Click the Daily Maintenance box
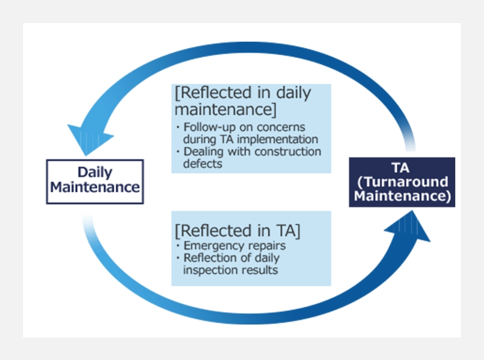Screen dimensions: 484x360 [x=95, y=182]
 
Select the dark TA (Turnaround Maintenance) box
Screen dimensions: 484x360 [x=402, y=182]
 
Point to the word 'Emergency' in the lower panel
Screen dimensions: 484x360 [x=209, y=246]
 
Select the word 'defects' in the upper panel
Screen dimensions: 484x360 [x=203, y=164]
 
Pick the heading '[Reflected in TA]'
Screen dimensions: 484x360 [x=237, y=231]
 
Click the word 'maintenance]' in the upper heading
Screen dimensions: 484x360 [x=225, y=109]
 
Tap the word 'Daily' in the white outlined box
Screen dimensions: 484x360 [x=95, y=173]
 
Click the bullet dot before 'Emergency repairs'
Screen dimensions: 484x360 [x=178, y=246]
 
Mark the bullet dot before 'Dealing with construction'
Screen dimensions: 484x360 [x=178, y=151]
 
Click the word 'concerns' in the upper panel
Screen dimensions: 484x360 [x=281, y=127]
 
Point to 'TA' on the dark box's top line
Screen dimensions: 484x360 [x=401, y=168]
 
